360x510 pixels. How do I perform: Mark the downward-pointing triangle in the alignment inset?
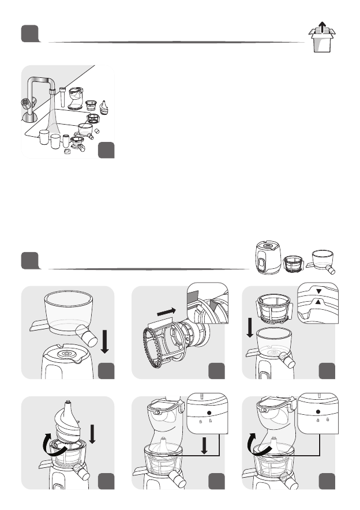pyautogui.click(x=318, y=292)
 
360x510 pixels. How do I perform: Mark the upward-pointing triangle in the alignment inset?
pyautogui.click(x=318, y=302)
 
